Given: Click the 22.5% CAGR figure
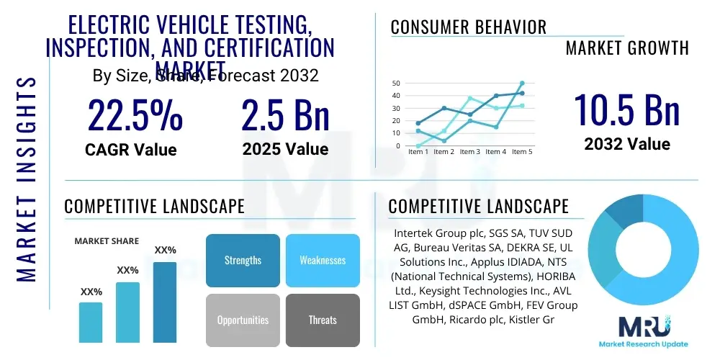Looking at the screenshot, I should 135,115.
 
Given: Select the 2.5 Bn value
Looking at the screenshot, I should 285,115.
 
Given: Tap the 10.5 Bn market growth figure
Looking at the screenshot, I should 626,109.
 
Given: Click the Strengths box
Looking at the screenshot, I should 243,261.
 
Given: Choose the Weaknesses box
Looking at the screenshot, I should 323,261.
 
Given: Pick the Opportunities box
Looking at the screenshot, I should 243,320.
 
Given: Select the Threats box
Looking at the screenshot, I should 323,320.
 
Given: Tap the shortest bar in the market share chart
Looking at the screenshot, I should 91,322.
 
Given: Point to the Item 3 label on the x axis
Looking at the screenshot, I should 470,152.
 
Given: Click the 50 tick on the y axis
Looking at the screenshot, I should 395,84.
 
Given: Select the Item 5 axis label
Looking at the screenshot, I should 522,152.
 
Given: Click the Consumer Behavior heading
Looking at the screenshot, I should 469,27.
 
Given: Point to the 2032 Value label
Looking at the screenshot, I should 626,144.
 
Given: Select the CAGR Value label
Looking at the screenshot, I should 131,150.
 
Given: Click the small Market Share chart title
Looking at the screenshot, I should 107,241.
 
